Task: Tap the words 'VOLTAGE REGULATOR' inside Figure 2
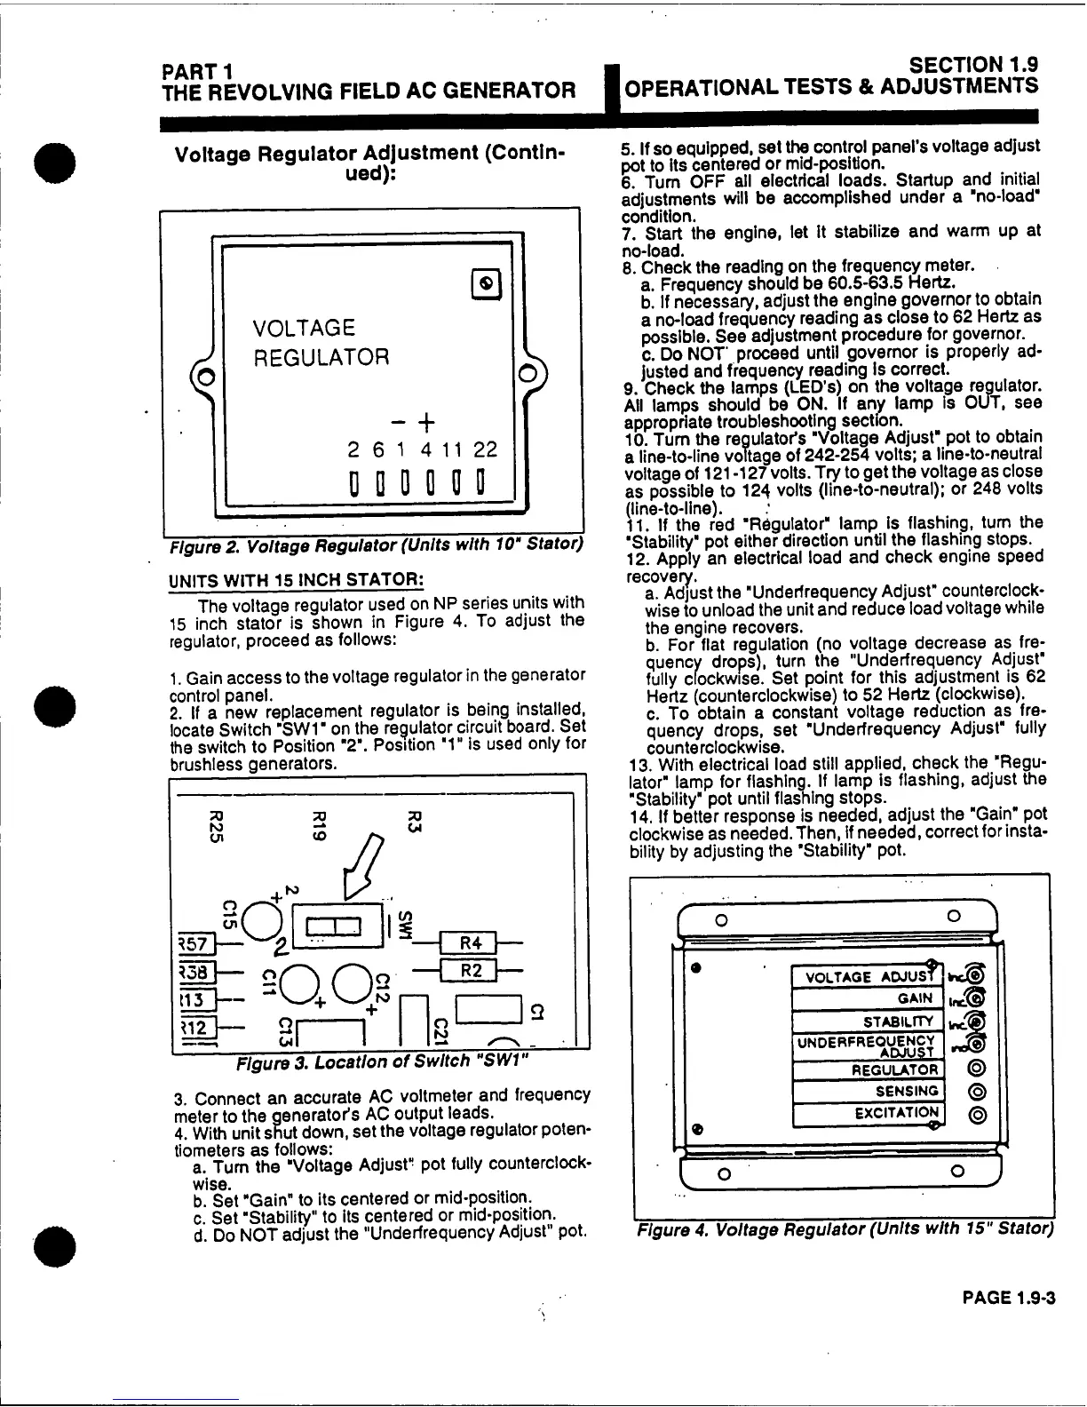coord(321,342)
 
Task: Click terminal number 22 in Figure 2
coord(486,450)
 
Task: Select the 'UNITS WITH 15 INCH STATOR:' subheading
coord(295,580)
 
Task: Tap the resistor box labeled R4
coord(471,942)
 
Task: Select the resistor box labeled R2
coord(471,971)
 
